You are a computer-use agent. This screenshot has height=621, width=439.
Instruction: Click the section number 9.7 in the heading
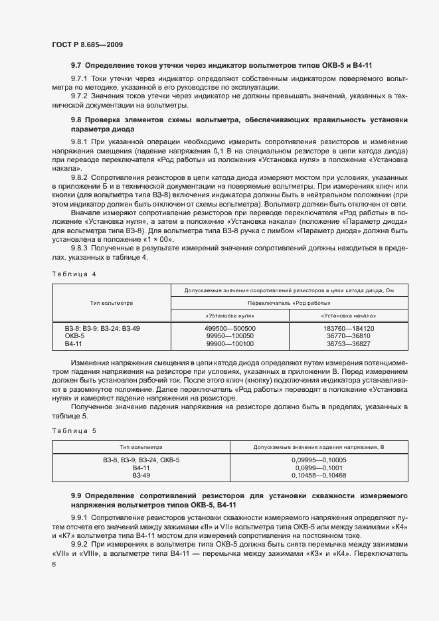[76, 67]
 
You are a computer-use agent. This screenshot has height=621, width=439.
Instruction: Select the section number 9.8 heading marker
[76, 120]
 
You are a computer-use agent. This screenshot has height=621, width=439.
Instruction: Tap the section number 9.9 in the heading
[76, 496]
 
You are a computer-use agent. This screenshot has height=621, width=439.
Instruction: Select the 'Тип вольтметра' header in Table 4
[111, 303]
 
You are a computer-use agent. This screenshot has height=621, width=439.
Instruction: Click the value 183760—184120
[348, 328]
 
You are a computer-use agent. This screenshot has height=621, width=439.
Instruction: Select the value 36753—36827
[348, 344]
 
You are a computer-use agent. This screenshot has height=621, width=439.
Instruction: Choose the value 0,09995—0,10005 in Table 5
[319, 460]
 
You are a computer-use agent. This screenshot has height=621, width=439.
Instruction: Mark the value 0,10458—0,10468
[319, 476]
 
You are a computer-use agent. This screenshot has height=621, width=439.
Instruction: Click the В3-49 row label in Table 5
[141, 476]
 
